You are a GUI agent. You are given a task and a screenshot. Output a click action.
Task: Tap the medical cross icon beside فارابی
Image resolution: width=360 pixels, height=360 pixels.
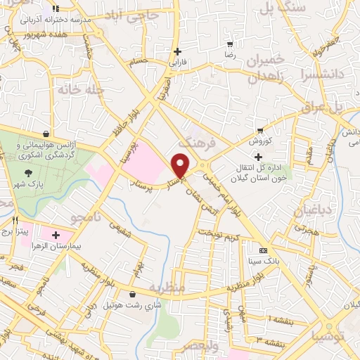click(x=178, y=51)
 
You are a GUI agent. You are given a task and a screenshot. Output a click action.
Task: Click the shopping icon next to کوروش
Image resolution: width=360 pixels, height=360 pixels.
click(x=260, y=130)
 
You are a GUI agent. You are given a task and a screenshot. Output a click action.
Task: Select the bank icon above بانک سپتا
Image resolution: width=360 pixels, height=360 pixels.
click(x=264, y=251)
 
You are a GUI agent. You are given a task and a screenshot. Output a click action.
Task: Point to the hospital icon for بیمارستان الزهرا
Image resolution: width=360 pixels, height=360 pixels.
click(x=56, y=233)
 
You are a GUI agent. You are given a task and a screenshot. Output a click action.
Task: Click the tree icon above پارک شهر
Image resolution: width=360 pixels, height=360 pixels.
click(x=29, y=173)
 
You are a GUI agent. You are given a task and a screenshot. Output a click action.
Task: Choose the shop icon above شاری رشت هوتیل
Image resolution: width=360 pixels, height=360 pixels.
click(x=133, y=295)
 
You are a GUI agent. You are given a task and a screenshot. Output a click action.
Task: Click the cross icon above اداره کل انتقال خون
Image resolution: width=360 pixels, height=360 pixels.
click(x=259, y=156)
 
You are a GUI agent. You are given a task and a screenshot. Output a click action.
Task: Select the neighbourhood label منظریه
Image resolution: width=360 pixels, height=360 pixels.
click(x=167, y=288)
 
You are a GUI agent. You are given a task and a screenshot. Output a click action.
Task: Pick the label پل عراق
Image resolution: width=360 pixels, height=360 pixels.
click(x=321, y=107)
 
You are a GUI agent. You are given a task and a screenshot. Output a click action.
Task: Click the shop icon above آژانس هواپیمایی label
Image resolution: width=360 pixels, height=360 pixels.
click(x=46, y=133)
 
